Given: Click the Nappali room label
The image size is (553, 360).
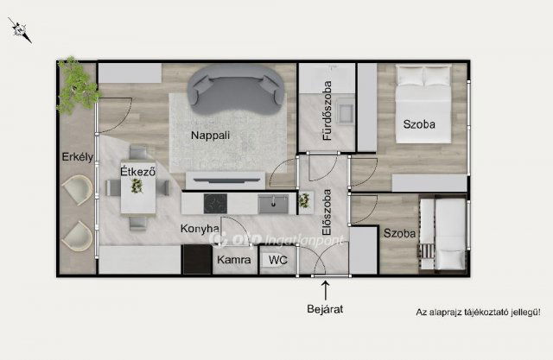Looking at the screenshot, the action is pos(210,136).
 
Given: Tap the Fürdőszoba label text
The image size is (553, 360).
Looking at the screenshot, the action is pos(327,111).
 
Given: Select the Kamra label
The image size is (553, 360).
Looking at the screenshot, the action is pos(234,260).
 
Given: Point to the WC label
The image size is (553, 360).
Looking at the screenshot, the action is pos(278,260).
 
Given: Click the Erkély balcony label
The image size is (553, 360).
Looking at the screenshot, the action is pos(78,157).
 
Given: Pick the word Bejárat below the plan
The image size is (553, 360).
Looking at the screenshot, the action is pos(325,309).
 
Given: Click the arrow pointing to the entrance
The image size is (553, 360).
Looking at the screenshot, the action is pos(326,290).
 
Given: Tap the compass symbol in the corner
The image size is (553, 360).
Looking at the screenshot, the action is pos(20,30).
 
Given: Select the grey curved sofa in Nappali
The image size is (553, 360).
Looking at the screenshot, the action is pos(236,90).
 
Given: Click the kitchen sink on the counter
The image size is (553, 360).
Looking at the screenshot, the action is pos(273,204).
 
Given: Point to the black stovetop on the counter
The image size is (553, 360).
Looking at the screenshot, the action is pos(215,204).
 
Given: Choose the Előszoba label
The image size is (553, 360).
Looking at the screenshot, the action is pos(327,212).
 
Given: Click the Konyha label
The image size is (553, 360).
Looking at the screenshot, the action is pos(200,229).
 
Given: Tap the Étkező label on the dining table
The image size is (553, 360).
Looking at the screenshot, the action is pos(138,172).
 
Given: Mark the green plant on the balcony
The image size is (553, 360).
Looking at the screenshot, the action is pos(78,85).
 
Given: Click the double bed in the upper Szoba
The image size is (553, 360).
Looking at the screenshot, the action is pos(423,104).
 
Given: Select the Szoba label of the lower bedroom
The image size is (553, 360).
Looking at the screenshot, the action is pos(399,233).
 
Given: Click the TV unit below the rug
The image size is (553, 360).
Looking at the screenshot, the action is pos(226,180).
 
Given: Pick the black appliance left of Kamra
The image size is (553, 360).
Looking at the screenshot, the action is pos(197,259).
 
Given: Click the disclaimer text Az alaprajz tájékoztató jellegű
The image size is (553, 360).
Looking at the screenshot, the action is pos(478,313).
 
